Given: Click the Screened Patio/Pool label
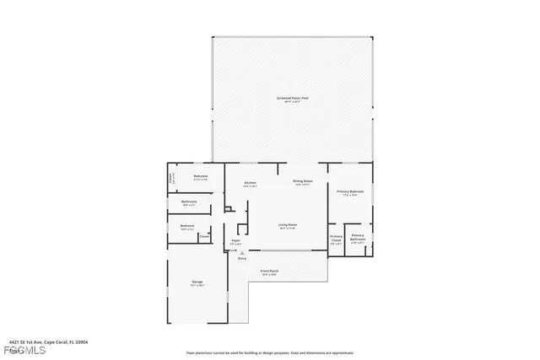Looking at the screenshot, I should point(292,98).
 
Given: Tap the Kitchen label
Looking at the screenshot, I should point(250,182).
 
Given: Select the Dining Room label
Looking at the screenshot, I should point(303,180).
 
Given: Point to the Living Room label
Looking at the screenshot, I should point(288,224).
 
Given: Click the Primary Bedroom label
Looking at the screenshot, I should point(350,191).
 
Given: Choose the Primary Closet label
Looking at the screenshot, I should point(336,238).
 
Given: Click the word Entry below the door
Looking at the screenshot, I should point(242,258).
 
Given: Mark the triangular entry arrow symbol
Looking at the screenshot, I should point(242,252).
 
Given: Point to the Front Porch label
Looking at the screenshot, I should point(270,271).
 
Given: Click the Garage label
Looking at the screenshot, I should point(197,282).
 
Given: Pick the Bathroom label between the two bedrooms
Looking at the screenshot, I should point(189,201).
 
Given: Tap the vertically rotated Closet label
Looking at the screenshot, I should point(171,178).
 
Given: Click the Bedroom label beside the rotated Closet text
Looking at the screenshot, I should point(200,175).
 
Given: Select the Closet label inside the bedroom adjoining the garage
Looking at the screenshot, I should point(204,237).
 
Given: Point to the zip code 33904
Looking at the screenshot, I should point(82,342).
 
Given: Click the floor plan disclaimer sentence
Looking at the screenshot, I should point(270,352).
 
